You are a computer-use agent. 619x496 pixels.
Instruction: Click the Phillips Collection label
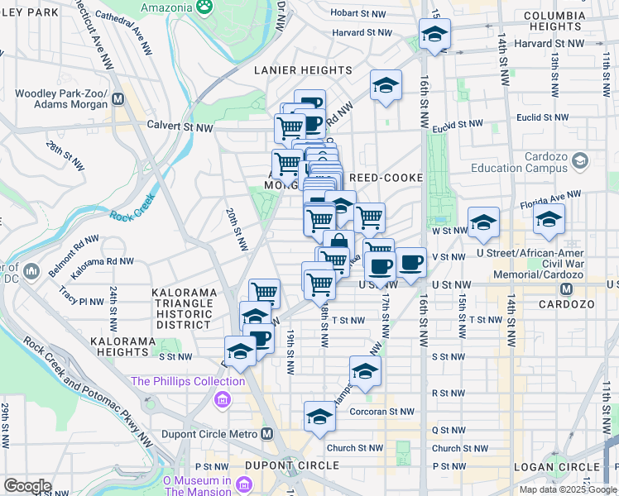point(188,381)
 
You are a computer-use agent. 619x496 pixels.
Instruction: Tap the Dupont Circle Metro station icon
point(266,433)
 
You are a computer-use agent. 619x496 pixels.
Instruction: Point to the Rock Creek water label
point(127,218)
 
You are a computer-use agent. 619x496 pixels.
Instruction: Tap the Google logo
point(27,486)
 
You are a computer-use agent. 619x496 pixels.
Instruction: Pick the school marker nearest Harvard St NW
point(434,34)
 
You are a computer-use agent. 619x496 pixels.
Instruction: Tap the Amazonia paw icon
point(204,6)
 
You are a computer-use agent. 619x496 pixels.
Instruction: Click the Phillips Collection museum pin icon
point(221,401)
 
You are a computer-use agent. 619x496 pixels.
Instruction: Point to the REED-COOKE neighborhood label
point(386,178)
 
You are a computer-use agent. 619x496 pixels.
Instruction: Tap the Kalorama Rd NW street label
point(103,261)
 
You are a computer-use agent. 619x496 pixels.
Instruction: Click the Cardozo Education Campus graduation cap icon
point(579,160)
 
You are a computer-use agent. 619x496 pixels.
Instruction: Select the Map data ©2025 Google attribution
point(569,489)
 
